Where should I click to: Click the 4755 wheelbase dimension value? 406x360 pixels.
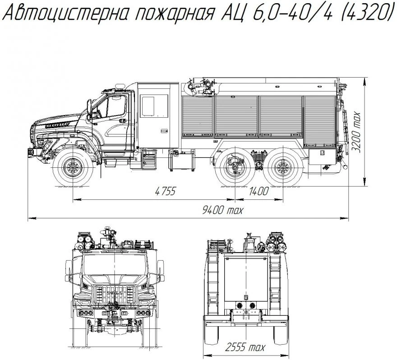[x=165, y=192]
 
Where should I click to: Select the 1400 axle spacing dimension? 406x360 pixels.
[x=258, y=192]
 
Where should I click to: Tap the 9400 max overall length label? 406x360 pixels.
[x=222, y=210]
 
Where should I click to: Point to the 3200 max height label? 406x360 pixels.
[x=357, y=132]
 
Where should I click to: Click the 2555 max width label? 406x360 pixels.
[x=245, y=347]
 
